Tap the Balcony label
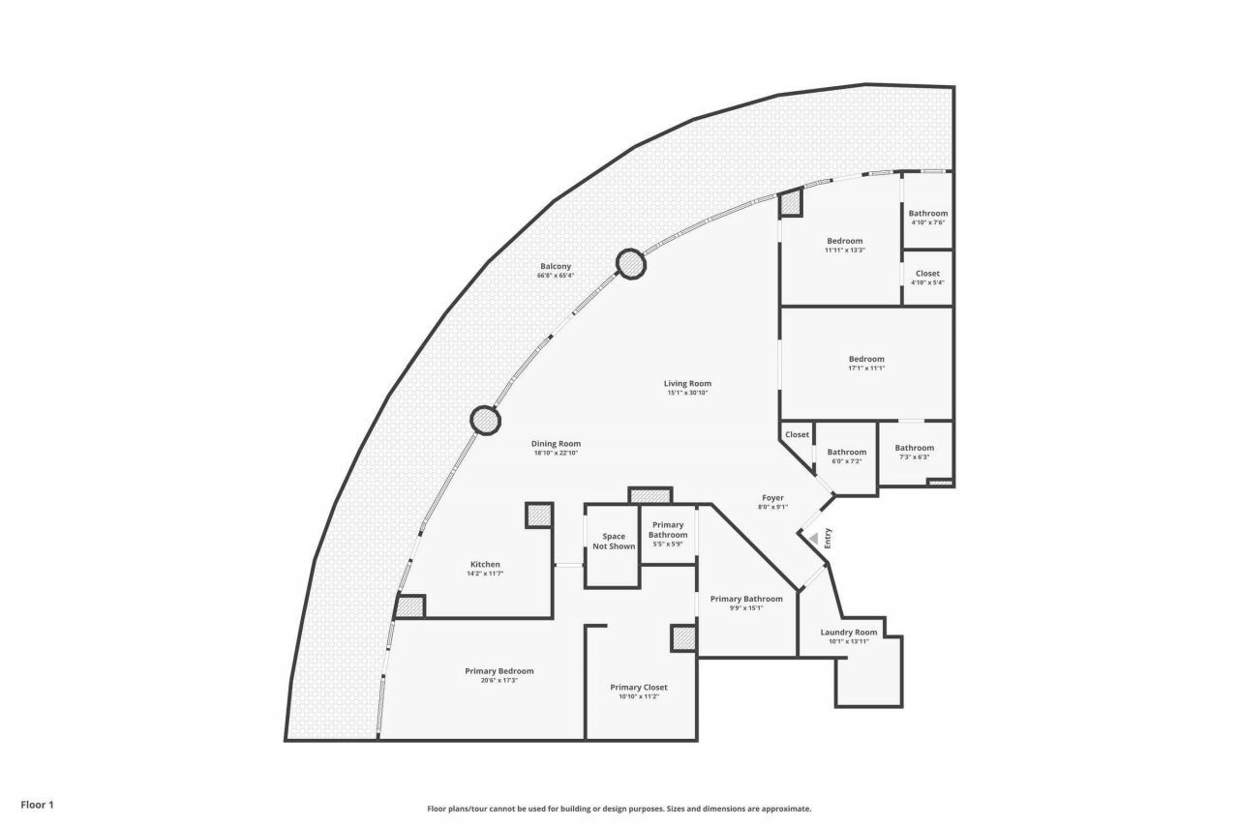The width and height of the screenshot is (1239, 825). coord(556,266)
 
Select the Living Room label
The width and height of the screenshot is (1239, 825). coord(688,383)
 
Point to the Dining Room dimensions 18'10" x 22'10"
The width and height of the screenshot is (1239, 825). coord(556,453)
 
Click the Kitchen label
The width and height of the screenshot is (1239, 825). coord(485,564)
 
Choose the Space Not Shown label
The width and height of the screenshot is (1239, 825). coord(613,541)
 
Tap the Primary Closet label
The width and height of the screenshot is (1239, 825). coord(639,687)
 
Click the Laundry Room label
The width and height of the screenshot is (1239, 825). coord(849,632)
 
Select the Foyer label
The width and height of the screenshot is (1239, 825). coord(772,497)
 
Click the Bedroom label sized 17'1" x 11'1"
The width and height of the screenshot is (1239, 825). coord(866,359)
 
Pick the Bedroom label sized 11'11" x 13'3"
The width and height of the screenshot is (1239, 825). coord(844,241)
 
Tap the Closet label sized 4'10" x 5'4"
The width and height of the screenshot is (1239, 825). coord(927,274)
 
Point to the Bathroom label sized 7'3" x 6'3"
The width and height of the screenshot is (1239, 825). coord(914,448)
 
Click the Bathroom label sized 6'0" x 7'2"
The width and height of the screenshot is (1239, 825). coord(846,452)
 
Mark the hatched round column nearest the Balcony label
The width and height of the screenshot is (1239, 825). coord(630,264)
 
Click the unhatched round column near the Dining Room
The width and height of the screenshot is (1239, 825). coord(485,420)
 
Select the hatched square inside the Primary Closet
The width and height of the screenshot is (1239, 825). coord(683,638)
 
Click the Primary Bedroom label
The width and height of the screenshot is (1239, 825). coord(499,671)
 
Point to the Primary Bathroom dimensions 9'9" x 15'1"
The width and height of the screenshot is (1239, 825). coord(746,608)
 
